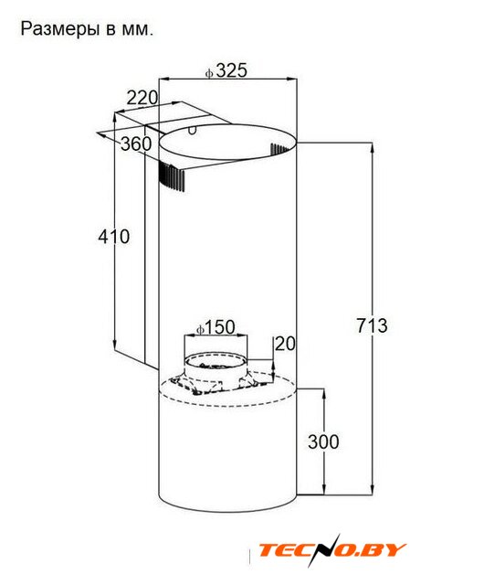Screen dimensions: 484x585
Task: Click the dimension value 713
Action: pyautogui.click(x=373, y=325)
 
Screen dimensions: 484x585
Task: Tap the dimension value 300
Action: pyautogui.click(x=323, y=441)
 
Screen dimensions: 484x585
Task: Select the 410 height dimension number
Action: pyautogui.click(x=114, y=237)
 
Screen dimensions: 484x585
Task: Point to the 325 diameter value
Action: pyautogui.click(x=232, y=70)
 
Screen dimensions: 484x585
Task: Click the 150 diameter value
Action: pyautogui.click(x=220, y=327)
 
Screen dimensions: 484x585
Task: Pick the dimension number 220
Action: pyautogui.click(x=142, y=98)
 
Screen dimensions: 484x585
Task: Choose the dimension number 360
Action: pyautogui.click(x=136, y=144)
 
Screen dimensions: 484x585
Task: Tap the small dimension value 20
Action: pyautogui.click(x=285, y=344)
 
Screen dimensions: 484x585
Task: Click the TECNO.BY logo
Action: pyautogui.click(x=331, y=550)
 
